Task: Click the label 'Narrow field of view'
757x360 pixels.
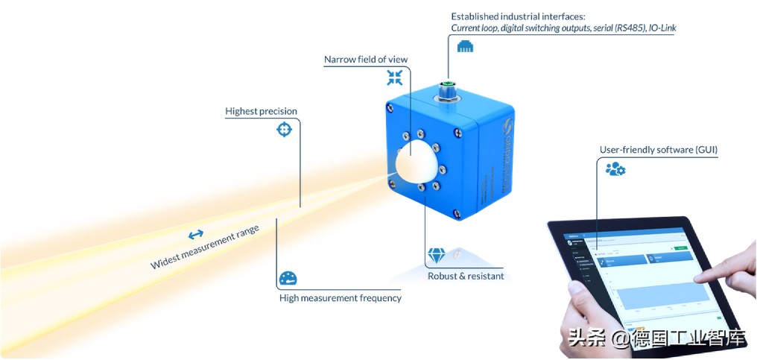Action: [366, 60]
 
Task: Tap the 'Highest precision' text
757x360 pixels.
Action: [261, 111]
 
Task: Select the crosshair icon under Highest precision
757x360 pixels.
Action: [283, 130]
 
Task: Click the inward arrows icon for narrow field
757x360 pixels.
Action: [395, 78]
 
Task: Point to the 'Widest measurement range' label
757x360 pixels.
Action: [205, 247]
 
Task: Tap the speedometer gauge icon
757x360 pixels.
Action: [288, 280]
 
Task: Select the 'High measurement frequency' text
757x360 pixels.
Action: [341, 298]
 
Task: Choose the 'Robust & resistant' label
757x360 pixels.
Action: [466, 276]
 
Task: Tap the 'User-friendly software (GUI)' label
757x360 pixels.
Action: [659, 150]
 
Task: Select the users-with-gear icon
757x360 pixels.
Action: [615, 169]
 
